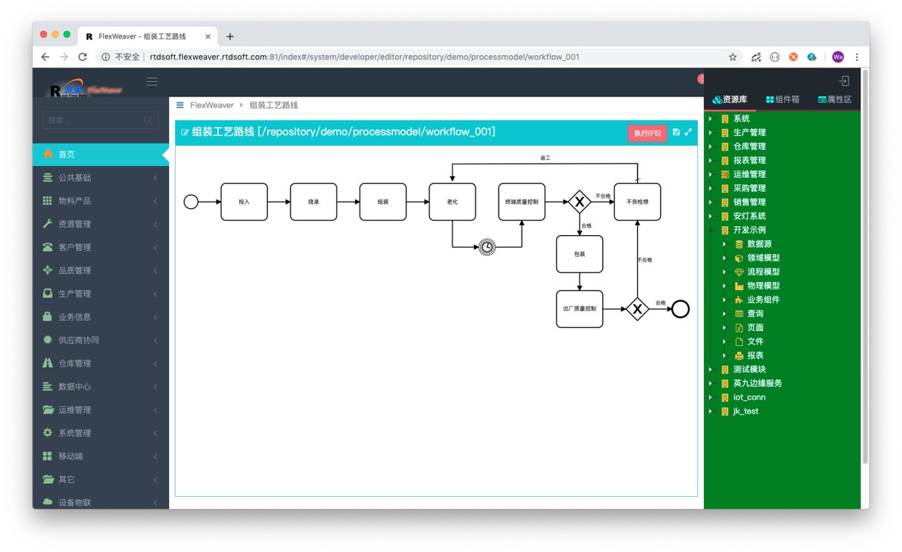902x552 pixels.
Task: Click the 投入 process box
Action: coord(244,202)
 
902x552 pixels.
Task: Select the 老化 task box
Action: coord(452,202)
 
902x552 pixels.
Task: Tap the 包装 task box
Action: coord(580,254)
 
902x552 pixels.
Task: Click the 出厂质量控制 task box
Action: coord(580,309)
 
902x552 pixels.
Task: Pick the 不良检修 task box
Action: coord(637,202)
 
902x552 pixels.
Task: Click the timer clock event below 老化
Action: coord(487,247)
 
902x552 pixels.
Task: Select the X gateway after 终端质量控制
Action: coord(580,202)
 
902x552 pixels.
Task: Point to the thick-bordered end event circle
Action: coord(680,309)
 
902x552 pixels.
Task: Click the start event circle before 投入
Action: coord(191,202)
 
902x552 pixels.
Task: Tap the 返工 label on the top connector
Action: coord(546,158)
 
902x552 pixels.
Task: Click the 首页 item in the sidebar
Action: coord(67,155)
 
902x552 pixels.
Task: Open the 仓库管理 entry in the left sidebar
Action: coord(74,364)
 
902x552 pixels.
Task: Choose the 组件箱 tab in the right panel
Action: coord(782,100)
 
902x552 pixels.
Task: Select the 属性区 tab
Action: coord(834,100)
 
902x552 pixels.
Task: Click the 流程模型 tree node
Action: coord(764,272)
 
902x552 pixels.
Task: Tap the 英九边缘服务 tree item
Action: coord(757,384)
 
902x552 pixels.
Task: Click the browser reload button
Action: coord(83,57)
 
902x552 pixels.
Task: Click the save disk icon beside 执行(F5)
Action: coord(676,132)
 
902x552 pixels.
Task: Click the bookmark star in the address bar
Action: coord(732,57)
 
